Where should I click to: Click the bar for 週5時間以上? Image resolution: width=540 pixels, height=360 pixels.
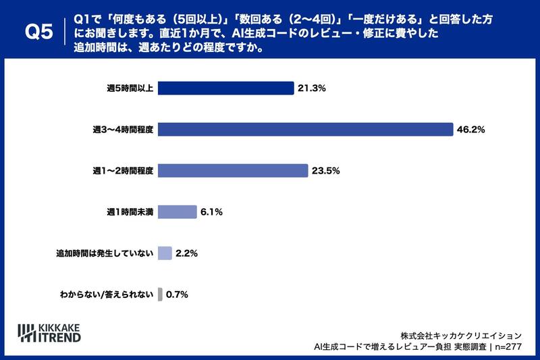pos(225,88)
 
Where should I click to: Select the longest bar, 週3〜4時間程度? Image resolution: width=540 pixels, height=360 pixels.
pos(304,130)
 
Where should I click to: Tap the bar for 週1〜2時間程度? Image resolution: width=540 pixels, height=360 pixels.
pos(233,171)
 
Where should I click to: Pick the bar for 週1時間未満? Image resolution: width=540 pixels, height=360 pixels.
pos(177,212)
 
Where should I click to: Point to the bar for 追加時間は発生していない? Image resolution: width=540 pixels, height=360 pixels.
pos(165,253)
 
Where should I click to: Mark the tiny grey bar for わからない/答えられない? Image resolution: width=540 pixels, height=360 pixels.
pos(160,294)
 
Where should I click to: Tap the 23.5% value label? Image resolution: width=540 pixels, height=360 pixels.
pos(326,171)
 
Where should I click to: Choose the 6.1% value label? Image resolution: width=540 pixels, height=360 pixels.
pos(211,212)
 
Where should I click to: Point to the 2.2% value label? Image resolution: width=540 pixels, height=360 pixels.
pos(186,253)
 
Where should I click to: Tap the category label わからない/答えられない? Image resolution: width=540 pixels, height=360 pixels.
pos(107,294)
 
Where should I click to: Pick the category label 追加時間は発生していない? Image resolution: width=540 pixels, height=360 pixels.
pos(105,253)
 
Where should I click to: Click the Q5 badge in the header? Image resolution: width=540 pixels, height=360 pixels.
pos(38,32)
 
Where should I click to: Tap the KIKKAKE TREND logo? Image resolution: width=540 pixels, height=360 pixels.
pos(49,332)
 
